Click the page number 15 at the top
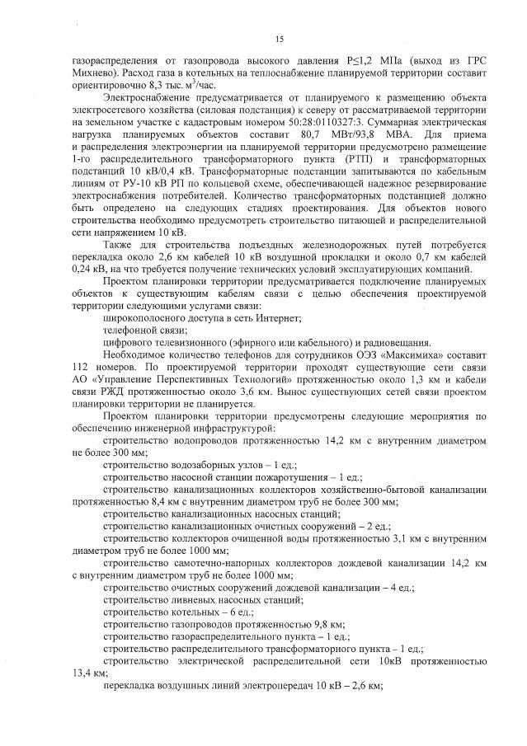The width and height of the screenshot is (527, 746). click(x=279, y=39)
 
